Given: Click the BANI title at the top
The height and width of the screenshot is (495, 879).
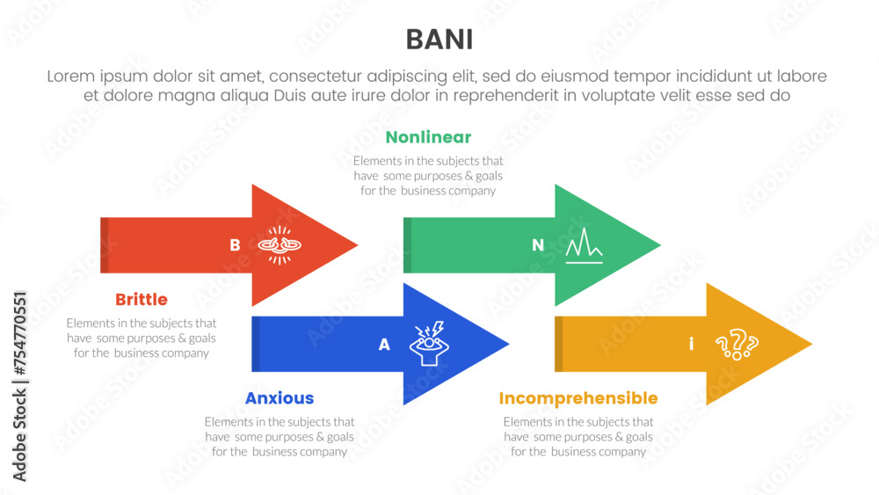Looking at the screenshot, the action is pos(439,40).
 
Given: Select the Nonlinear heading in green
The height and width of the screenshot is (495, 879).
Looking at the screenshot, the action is pos(428,137).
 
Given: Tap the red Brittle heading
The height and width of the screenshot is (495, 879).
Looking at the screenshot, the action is pos(142,299).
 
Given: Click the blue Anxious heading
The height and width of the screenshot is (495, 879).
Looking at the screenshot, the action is pos(280,398).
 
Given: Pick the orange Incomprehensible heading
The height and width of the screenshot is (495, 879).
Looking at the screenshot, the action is pos(578,398).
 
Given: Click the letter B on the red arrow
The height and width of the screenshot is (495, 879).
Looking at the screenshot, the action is pos(235,245).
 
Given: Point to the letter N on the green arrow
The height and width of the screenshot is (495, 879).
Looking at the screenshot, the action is pos(538,245).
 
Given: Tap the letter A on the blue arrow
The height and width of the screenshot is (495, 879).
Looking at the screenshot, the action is pos(384,344).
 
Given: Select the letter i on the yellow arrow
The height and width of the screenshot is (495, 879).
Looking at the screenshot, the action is pos(691,344).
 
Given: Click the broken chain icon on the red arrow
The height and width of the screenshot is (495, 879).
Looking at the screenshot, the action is pos(280,245).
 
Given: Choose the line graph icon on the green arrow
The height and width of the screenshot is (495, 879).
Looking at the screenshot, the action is pos(585,245).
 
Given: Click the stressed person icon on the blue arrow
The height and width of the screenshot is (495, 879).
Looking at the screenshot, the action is pos(429,344).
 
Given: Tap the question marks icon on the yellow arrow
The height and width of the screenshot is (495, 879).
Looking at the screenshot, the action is pos(737,344).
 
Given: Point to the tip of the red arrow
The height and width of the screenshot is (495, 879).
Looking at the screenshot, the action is pos(358,245).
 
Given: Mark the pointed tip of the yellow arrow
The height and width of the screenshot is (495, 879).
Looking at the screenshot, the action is pos(811,344).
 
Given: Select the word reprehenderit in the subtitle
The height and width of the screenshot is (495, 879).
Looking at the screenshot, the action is pos(505,96).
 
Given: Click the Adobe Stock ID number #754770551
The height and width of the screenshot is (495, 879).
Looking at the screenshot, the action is pos(19,332).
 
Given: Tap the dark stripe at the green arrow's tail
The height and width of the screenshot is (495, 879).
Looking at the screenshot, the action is pos(408,245).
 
